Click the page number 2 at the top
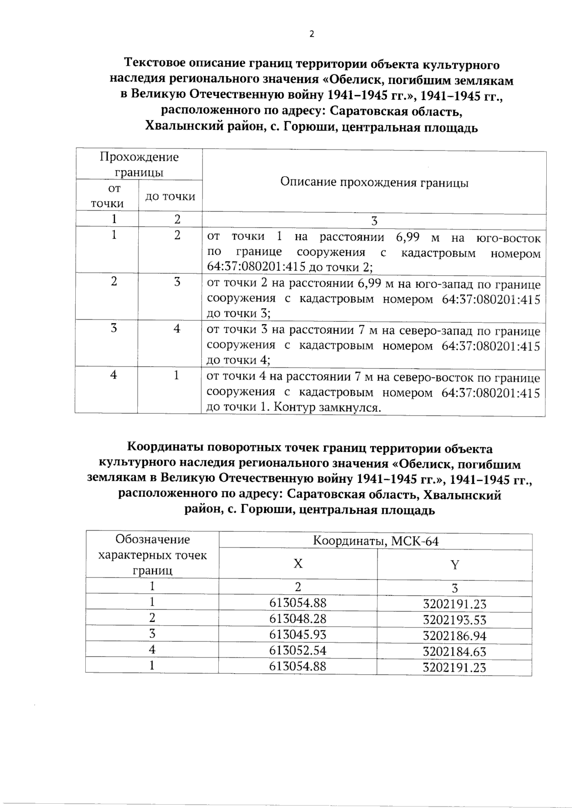pyautogui.click(x=312, y=34)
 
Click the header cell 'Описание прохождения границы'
pyautogui.click(x=374, y=183)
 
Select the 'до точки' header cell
pyautogui.click(x=170, y=196)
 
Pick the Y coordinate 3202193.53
pyautogui.click(x=454, y=620)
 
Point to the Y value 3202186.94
pyautogui.click(x=454, y=636)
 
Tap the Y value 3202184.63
pyautogui.click(x=454, y=651)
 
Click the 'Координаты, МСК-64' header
pyautogui.click(x=376, y=541)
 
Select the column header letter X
pyautogui.click(x=298, y=564)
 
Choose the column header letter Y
pyautogui.click(x=455, y=565)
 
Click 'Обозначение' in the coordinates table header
pyautogui.click(x=153, y=539)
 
